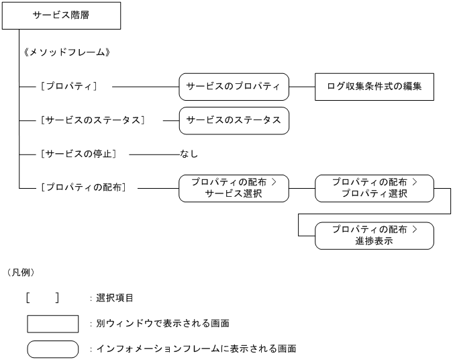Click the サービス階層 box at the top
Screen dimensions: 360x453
(x=61, y=15)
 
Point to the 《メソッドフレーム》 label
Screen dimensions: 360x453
(x=66, y=52)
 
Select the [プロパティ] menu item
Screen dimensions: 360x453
(x=70, y=87)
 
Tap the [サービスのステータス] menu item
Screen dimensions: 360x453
(x=93, y=120)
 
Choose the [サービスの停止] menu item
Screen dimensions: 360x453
(x=79, y=154)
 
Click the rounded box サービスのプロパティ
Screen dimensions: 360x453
(x=234, y=87)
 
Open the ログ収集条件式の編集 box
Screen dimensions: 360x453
(x=374, y=87)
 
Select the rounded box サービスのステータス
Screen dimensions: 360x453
(x=234, y=120)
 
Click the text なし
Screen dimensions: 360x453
(x=189, y=154)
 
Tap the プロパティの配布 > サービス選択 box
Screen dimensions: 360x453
(x=234, y=188)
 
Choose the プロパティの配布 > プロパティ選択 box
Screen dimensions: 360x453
(x=374, y=188)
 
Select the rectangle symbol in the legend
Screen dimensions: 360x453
(x=52, y=324)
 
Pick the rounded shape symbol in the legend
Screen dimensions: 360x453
(x=52, y=349)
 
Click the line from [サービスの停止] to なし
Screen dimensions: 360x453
(x=154, y=154)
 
